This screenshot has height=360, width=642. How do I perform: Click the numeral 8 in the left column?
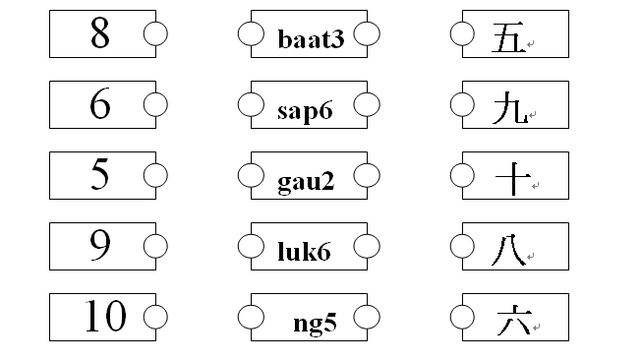pos(99,33)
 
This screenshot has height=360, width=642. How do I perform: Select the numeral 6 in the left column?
pos(99,104)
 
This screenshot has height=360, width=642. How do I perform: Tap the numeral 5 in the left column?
pos(99,175)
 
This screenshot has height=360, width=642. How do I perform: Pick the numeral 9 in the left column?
pos(99,245)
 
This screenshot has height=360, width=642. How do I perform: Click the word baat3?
pos(311,39)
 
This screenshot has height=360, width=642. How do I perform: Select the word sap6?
pos(305,110)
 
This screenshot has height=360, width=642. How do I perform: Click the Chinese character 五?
pos(507,38)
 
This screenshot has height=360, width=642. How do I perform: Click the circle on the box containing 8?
pos(155,33)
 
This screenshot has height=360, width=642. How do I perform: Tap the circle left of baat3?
pos(251,33)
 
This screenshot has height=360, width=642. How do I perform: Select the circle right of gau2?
pos(367,175)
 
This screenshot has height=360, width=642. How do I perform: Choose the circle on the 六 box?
pos(462,317)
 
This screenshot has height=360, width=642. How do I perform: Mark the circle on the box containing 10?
pos(155,317)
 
